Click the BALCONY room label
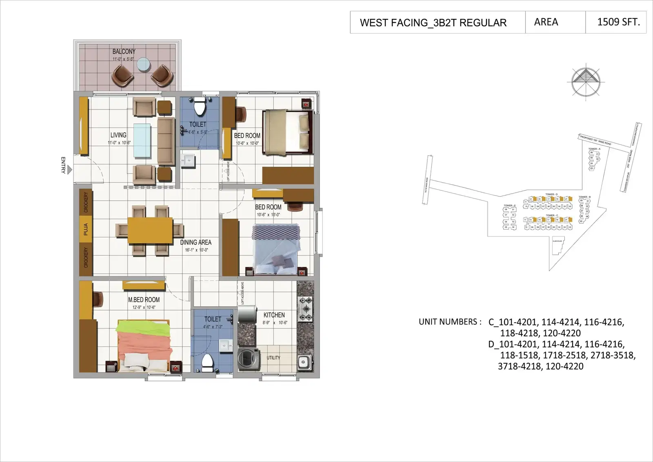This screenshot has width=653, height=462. [x=124, y=51]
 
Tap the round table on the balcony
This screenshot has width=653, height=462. [x=143, y=64]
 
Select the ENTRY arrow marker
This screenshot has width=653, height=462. [x=70, y=169]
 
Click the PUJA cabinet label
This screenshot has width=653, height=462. [x=86, y=229]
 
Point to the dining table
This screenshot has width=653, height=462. [x=150, y=230]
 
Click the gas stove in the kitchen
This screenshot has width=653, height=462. [x=305, y=309]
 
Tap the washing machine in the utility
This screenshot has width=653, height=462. [x=249, y=359]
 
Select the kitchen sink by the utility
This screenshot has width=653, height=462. [x=304, y=361]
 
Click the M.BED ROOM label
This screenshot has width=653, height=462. [x=144, y=300]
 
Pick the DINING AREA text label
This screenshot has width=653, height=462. [x=196, y=242]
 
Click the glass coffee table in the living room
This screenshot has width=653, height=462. [x=142, y=140]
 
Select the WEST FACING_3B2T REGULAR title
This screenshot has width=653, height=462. [x=433, y=23]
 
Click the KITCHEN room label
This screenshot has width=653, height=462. [x=274, y=315]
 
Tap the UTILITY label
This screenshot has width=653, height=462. [x=273, y=358]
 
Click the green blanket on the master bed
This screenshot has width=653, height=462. [x=142, y=327]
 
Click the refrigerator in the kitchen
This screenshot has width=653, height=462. [x=247, y=315]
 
